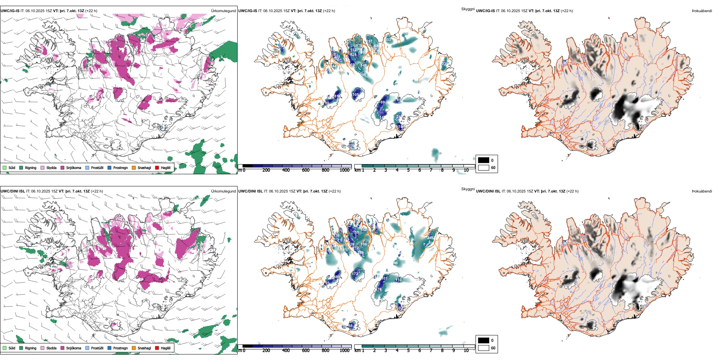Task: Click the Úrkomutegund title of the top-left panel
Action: click(223, 11)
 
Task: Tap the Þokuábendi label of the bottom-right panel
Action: click(702, 191)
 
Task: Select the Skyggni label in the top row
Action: click(468, 9)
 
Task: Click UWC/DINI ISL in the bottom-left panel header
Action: click(13, 191)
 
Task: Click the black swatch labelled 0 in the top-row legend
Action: click(484, 160)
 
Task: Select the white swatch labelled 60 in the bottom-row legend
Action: click(484, 348)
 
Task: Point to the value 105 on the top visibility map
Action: click(355, 95)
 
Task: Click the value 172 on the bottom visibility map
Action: click(355, 274)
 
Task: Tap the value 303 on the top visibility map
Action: click(388, 40)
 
